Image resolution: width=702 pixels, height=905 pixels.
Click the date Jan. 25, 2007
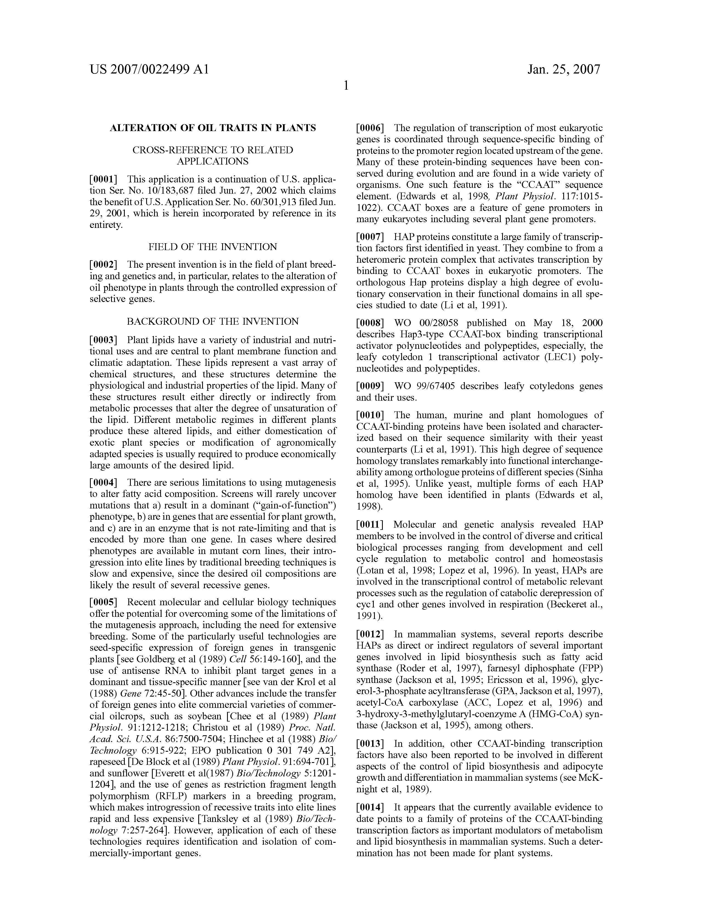tap(564, 69)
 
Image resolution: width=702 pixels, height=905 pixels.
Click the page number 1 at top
tap(346, 86)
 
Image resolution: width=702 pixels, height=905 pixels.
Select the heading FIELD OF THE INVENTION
tap(213, 247)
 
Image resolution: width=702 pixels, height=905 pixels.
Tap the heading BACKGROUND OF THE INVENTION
tap(213, 322)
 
